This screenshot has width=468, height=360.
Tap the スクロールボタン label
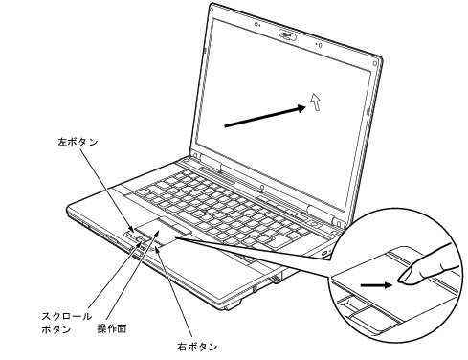[x=66, y=321]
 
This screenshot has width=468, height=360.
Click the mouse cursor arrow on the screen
[x=317, y=102]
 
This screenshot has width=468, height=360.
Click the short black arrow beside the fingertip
[x=377, y=283]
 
